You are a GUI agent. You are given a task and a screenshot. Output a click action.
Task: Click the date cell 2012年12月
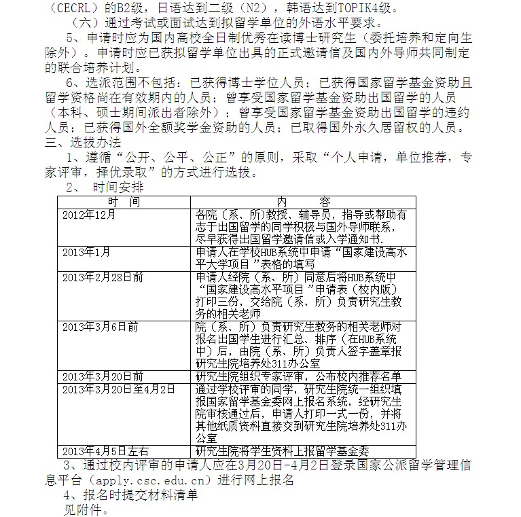(89, 215)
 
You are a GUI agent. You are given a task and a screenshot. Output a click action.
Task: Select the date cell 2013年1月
(86, 252)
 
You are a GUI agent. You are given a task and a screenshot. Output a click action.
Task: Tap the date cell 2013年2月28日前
(103, 277)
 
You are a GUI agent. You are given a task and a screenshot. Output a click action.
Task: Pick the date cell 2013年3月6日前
(100, 327)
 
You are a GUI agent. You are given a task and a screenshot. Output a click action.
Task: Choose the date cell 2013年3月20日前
(103, 376)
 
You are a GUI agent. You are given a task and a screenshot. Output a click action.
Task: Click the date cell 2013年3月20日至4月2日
(118, 389)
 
